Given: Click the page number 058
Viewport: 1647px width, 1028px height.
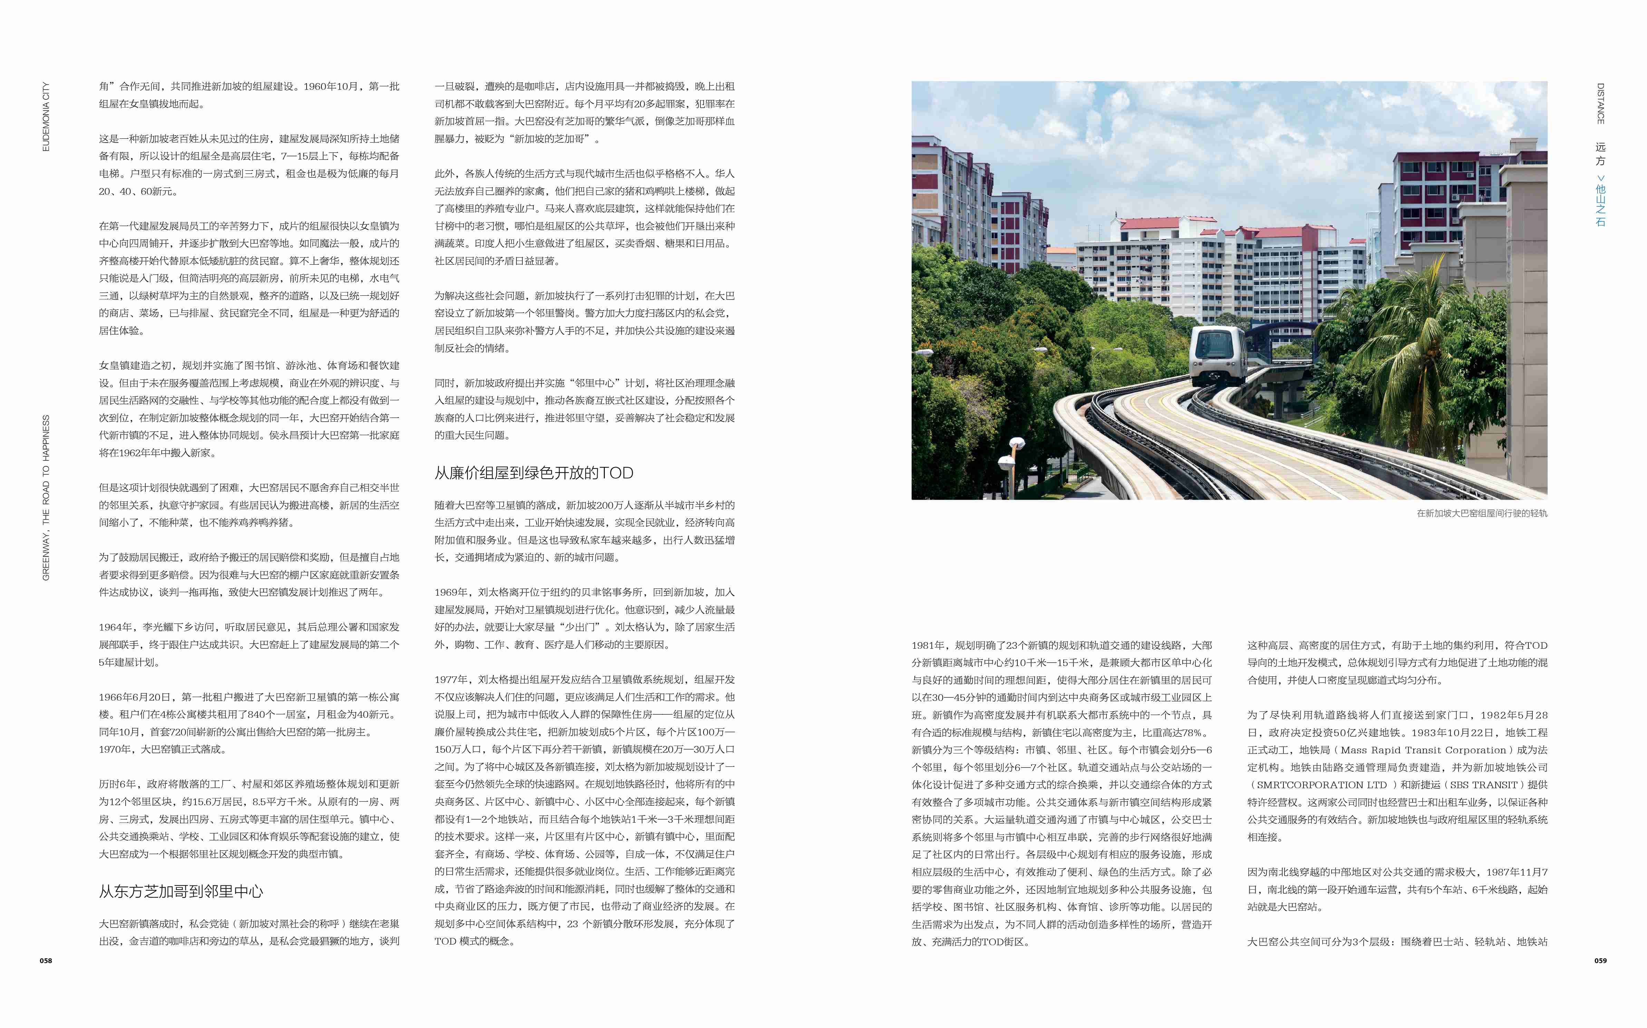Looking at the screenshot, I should point(46,961).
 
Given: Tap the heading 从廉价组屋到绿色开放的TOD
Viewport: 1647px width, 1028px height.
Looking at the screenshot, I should point(534,473).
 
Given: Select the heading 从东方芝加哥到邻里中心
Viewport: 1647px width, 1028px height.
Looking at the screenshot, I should point(181,891).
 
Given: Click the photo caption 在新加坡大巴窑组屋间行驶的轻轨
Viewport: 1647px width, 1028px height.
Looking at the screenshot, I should point(1482,513).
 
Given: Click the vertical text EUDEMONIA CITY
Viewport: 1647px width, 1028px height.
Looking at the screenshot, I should point(46,117).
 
